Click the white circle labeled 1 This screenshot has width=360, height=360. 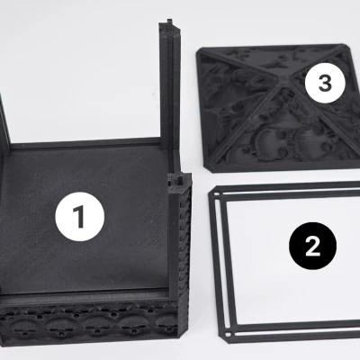pyautogui.click(x=80, y=217)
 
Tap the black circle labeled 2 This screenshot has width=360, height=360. pyautogui.click(x=312, y=246)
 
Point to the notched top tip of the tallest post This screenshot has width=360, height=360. pyautogui.click(x=169, y=21)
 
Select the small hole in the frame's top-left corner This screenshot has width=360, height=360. pyautogui.click(x=216, y=194)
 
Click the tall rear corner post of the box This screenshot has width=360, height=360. pyautogui.click(x=169, y=90)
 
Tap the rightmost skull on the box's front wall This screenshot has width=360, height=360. pyautogui.click(x=166, y=326)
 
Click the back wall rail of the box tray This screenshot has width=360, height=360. pyautogui.click(x=90, y=143)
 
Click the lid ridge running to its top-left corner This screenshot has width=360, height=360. pyautogui.click(x=240, y=65)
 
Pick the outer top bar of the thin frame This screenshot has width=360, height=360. pyautogui.click(x=286, y=186)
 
